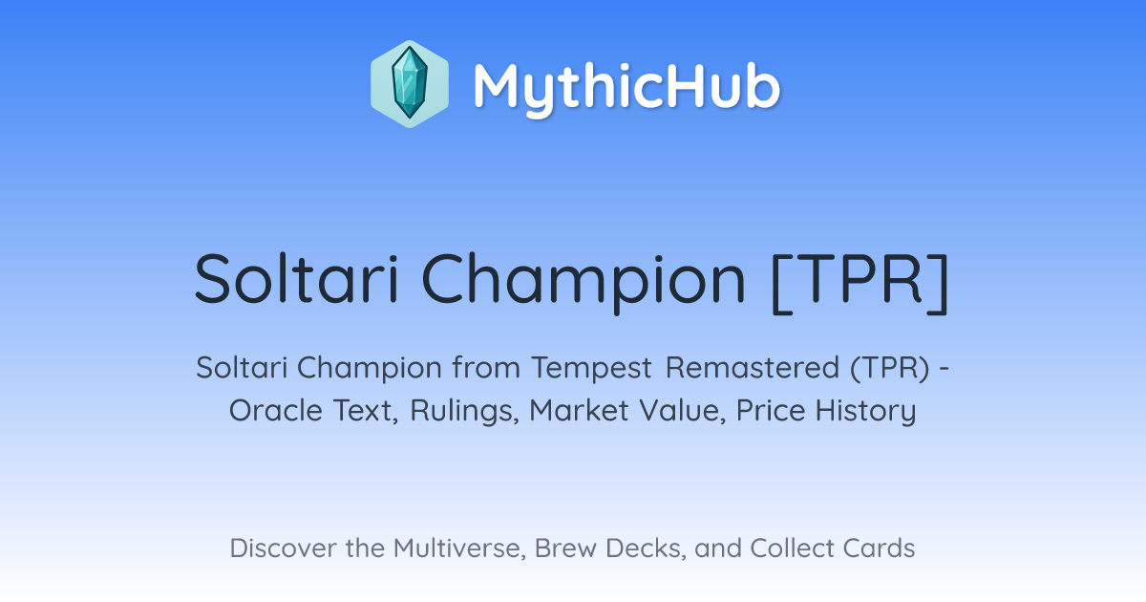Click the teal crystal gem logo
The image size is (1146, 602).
pyautogui.click(x=410, y=84)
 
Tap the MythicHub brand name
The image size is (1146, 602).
pyautogui.click(x=626, y=88)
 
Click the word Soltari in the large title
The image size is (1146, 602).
pyautogui.click(x=297, y=279)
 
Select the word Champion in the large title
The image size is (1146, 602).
pyautogui.click(x=584, y=282)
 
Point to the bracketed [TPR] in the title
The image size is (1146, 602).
pyautogui.click(x=860, y=282)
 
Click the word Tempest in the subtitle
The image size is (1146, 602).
pyautogui.click(x=592, y=369)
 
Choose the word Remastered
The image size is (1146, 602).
pyautogui.click(x=753, y=367)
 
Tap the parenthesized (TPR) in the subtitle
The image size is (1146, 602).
pyautogui.click(x=890, y=368)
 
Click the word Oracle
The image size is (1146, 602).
pyautogui.click(x=276, y=410)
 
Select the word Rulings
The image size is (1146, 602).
pyautogui.click(x=464, y=411)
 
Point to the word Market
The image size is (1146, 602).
pyautogui.click(x=579, y=410)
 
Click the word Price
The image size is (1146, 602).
pyautogui.click(x=771, y=410)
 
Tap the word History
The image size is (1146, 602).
pyautogui.click(x=865, y=411)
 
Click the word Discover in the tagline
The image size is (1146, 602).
pyautogui.click(x=283, y=548)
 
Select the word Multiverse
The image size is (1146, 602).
pyautogui.click(x=459, y=548)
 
